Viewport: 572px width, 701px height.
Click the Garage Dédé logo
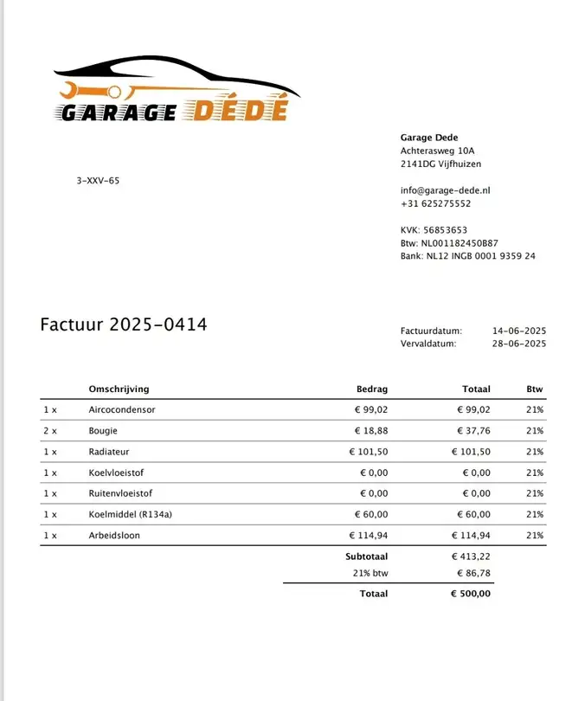tap(177, 90)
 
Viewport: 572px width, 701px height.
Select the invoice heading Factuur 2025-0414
tap(124, 325)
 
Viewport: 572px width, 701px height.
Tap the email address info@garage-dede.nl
tap(446, 190)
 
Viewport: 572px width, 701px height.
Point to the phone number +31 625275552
tap(435, 203)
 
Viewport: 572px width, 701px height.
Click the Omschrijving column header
tap(119, 389)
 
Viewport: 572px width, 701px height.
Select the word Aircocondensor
tap(122, 410)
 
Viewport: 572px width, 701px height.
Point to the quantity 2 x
tap(49, 431)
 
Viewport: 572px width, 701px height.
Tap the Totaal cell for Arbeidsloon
tap(471, 536)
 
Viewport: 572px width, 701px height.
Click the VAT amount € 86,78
tap(473, 573)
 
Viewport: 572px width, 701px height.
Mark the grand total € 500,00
tap(471, 594)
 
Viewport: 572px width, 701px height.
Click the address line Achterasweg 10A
tap(438, 151)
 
